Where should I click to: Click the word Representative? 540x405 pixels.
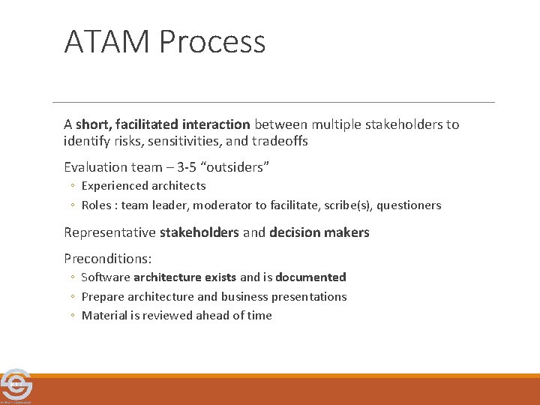click(x=109, y=232)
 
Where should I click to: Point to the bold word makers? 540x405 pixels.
click(x=349, y=232)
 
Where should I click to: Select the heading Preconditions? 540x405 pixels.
click(x=108, y=259)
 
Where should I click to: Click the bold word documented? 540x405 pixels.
click(x=310, y=277)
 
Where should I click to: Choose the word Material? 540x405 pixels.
click(x=104, y=316)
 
